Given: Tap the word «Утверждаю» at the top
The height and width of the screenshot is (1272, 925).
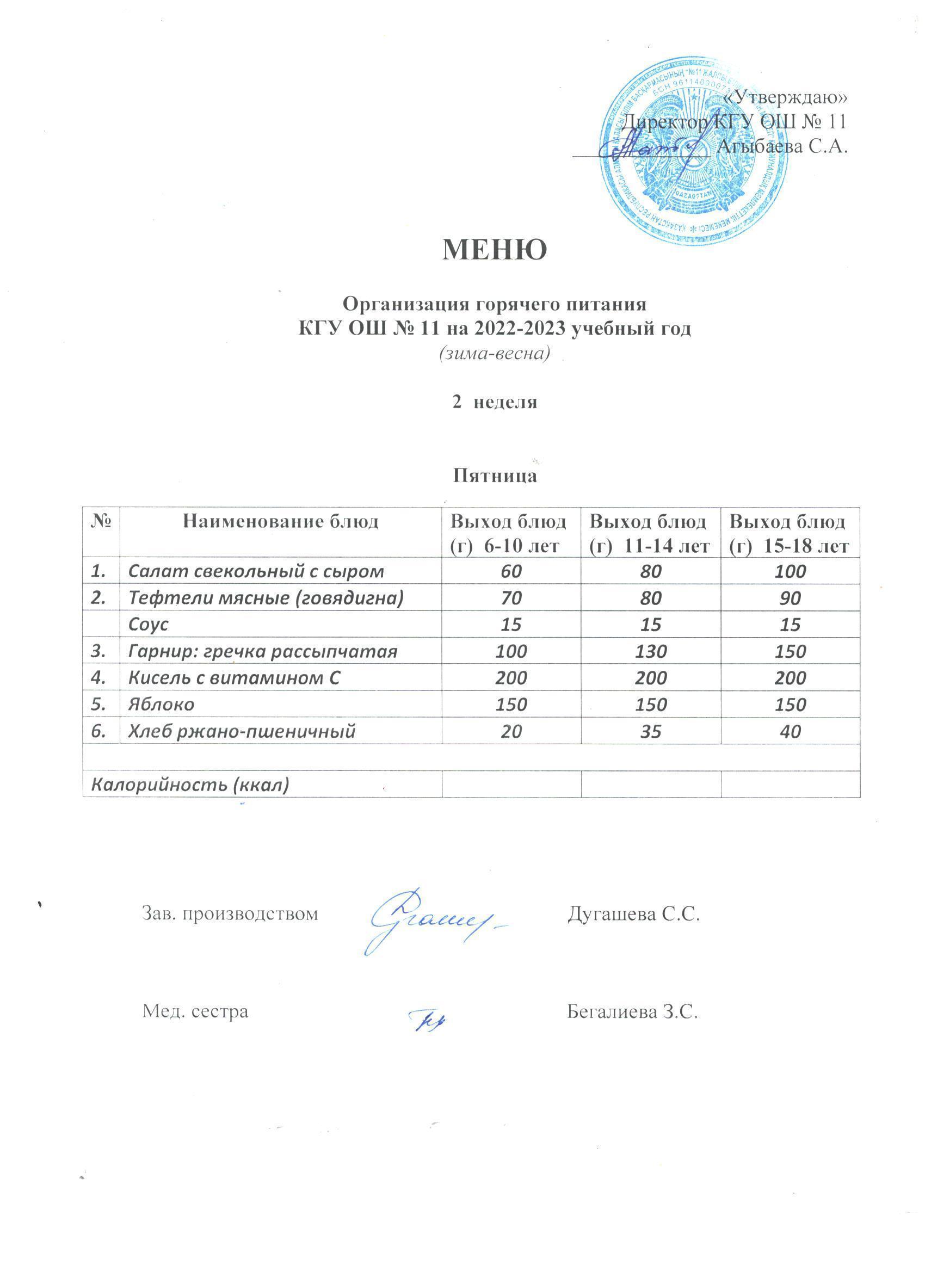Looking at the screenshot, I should [x=785, y=97].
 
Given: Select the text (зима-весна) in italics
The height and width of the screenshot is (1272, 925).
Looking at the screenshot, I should [x=494, y=353].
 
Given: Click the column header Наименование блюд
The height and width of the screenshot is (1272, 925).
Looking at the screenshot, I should [x=280, y=522].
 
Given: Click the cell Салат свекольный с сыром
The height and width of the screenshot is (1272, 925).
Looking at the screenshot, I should [x=256, y=571].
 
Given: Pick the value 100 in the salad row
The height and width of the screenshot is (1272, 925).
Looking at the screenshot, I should [x=790, y=571].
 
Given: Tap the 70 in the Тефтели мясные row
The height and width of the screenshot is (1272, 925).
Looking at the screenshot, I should [x=511, y=598].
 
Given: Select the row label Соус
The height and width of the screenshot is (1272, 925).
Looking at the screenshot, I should [x=149, y=624].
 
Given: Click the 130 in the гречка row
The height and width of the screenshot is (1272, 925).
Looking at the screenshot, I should [x=650, y=651].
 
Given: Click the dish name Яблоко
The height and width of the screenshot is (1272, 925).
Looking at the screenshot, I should [x=162, y=705].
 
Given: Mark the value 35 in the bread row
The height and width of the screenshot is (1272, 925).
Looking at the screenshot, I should [x=650, y=731].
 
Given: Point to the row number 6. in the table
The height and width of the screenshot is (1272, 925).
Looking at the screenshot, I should [x=100, y=731].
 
